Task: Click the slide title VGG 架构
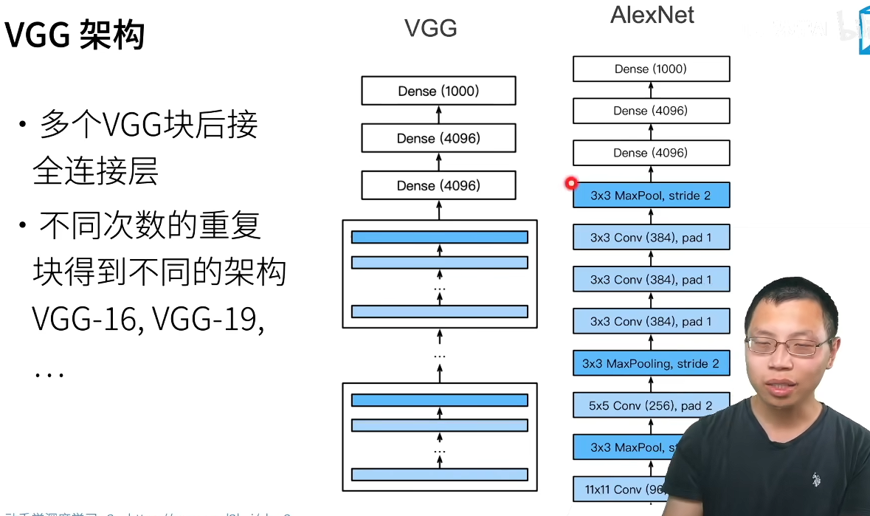(x=75, y=35)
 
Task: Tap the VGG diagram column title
(x=430, y=28)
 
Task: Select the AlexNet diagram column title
(x=652, y=16)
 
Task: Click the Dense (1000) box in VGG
(x=438, y=91)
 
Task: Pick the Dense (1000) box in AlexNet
(x=651, y=69)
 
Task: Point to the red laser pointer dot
(x=570, y=183)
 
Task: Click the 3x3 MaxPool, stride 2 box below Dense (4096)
(x=651, y=196)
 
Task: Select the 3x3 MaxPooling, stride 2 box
(x=651, y=363)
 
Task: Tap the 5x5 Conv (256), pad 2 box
(x=651, y=405)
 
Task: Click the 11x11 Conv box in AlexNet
(x=620, y=489)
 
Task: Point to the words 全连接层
(x=95, y=171)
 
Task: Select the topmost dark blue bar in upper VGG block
(x=440, y=237)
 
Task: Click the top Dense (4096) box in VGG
(x=438, y=138)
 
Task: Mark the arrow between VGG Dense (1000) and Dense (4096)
(x=438, y=114)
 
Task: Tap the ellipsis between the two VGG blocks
(x=440, y=355)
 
